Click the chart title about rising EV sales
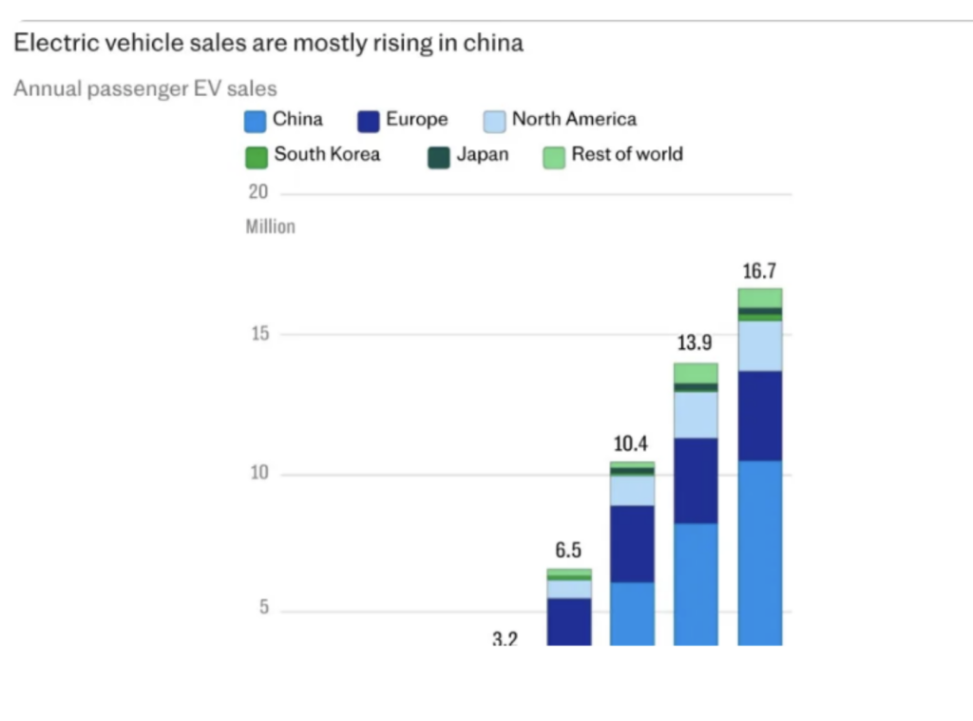pyautogui.click(x=267, y=43)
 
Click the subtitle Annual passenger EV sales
pyautogui.click(x=144, y=88)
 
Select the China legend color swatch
pyautogui.click(x=255, y=121)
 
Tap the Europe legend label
pyautogui.click(x=416, y=120)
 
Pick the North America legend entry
pyautogui.click(x=574, y=119)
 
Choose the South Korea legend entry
pyautogui.click(x=327, y=154)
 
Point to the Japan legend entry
pyautogui.click(x=482, y=154)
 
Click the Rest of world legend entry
pyautogui.click(x=626, y=154)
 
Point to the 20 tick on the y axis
pyautogui.click(x=258, y=192)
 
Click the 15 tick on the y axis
pyautogui.click(x=258, y=334)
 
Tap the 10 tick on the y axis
pyautogui.click(x=258, y=474)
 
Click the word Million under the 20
pyautogui.click(x=270, y=226)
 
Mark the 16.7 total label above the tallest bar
pyautogui.click(x=759, y=272)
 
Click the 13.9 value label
pyautogui.click(x=695, y=343)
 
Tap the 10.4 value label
pyautogui.click(x=631, y=443)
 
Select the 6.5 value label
pyautogui.click(x=568, y=551)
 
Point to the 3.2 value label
pyautogui.click(x=505, y=639)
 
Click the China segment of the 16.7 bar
pyautogui.click(x=759, y=552)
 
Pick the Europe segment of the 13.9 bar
pyautogui.click(x=696, y=480)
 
